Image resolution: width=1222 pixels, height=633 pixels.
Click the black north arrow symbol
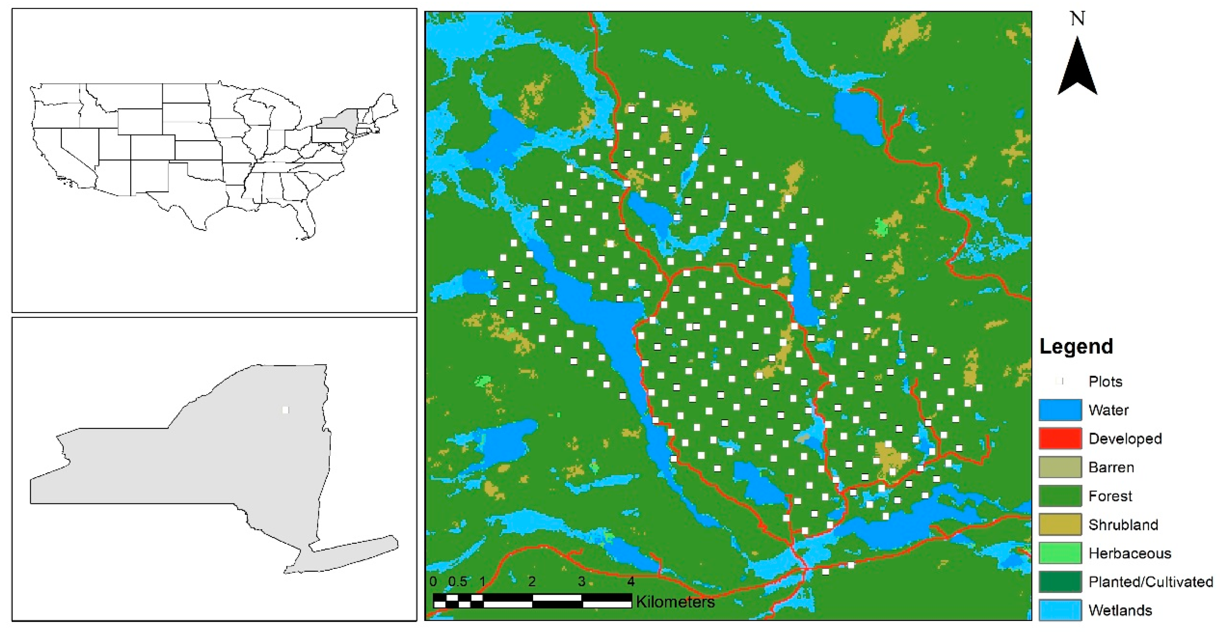[1077, 69]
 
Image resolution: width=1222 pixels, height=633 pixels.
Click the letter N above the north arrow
[1077, 19]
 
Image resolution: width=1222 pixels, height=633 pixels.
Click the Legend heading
[1076, 346]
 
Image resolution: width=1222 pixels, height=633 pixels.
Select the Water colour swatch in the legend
[1060, 410]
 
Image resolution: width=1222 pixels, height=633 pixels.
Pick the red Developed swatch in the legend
[1060, 439]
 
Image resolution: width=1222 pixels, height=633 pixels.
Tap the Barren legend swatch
[1060, 467]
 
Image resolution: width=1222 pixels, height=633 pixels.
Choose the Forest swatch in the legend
[1060, 496]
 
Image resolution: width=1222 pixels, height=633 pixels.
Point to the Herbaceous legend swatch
[1060, 553]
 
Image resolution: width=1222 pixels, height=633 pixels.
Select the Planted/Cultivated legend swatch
[1060, 582]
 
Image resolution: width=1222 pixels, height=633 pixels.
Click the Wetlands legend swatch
[1060, 610]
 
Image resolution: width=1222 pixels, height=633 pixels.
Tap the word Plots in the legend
[1105, 382]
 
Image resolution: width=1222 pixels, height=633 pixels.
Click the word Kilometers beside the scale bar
[675, 602]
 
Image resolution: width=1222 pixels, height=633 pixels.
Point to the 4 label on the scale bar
[631, 582]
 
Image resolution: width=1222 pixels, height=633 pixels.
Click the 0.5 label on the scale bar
[458, 582]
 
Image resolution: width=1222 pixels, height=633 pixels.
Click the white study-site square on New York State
[285, 410]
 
